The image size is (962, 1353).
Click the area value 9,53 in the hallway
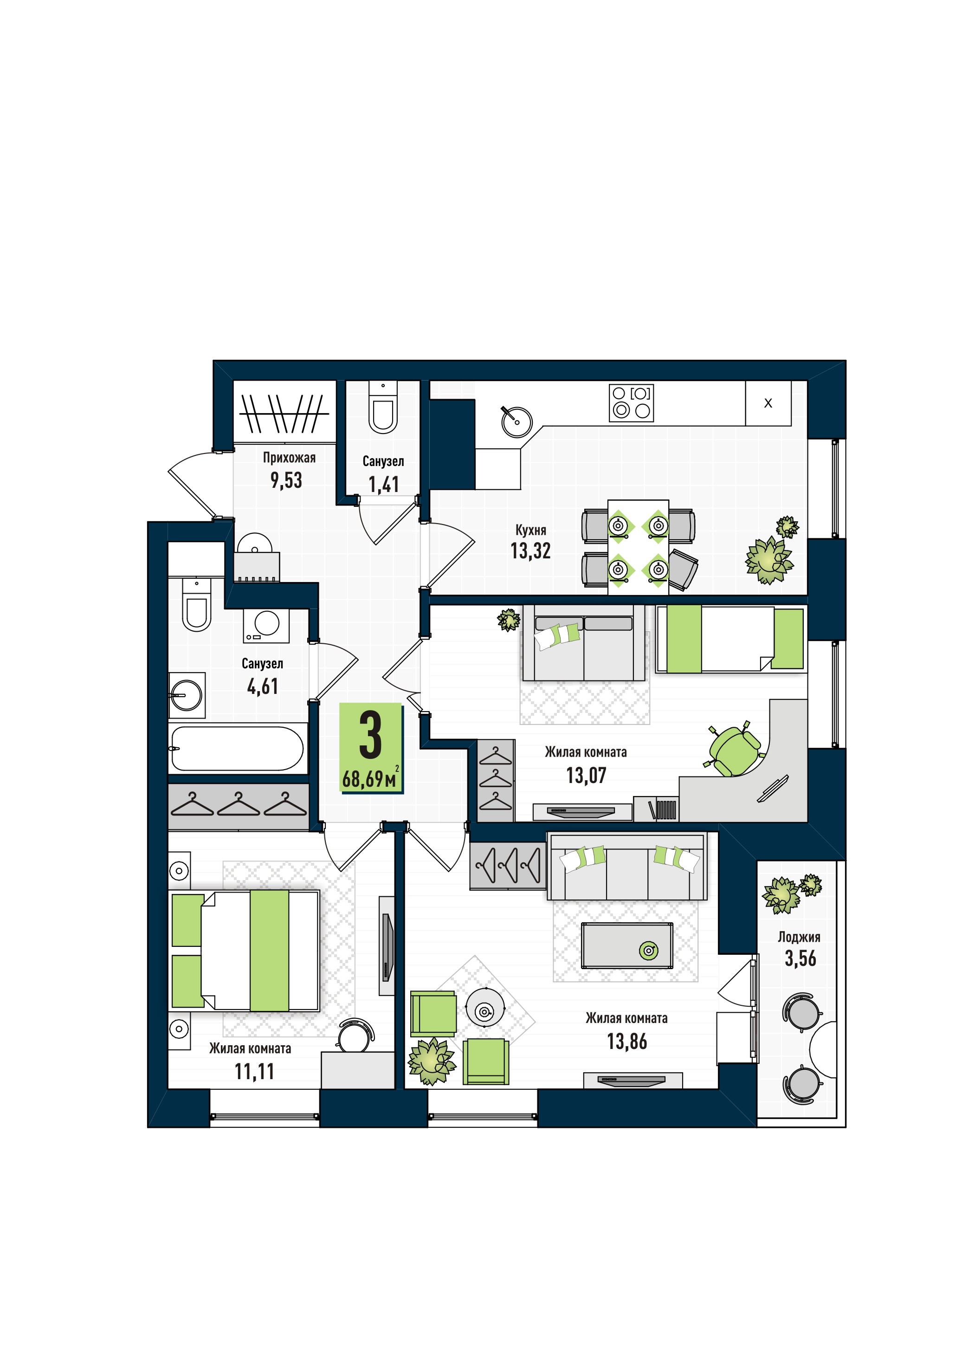(x=286, y=480)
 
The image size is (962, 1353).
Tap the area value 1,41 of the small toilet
(x=384, y=485)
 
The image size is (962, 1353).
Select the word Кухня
(x=531, y=530)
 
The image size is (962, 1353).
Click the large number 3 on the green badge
(x=371, y=735)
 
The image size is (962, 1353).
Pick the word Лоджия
(x=799, y=937)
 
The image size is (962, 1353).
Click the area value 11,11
(x=255, y=1072)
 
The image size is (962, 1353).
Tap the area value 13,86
(x=627, y=1042)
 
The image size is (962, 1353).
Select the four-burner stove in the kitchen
(x=632, y=403)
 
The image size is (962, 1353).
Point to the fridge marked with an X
(x=768, y=403)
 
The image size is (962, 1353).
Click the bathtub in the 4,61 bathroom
(x=237, y=749)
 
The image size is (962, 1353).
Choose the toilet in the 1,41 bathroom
(x=383, y=408)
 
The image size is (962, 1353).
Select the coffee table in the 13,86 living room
(x=627, y=945)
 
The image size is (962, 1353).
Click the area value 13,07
(x=587, y=776)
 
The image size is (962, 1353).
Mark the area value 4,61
(x=262, y=686)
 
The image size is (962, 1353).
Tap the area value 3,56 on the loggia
(x=801, y=958)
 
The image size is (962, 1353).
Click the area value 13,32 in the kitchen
(x=531, y=551)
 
